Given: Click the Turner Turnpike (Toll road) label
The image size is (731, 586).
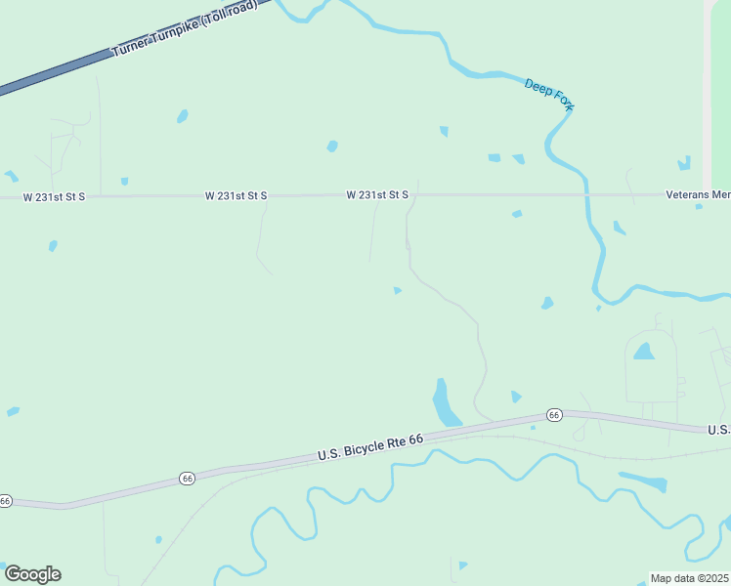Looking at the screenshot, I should (185, 28).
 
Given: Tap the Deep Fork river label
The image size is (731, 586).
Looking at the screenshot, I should (549, 95).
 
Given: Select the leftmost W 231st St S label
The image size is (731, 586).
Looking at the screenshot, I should (55, 197).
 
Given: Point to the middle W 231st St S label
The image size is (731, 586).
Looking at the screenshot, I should (236, 196).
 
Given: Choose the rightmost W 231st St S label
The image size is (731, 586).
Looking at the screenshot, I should (376, 195).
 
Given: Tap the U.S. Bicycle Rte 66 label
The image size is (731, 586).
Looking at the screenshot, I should (370, 448).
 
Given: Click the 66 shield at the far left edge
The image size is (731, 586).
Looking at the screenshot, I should (5, 501).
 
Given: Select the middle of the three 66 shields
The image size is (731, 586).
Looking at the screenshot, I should (188, 479).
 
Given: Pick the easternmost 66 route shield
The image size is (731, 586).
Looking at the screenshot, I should (554, 415).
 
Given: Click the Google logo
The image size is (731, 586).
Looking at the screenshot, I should (32, 574).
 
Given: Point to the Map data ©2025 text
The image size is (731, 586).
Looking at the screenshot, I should (689, 578).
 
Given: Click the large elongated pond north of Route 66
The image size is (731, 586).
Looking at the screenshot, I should (445, 403).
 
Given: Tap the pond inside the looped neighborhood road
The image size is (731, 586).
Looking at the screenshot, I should (643, 352).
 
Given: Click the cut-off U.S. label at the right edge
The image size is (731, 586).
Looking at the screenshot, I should (718, 430).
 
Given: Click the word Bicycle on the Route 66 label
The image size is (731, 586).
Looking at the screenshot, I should (371, 447).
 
